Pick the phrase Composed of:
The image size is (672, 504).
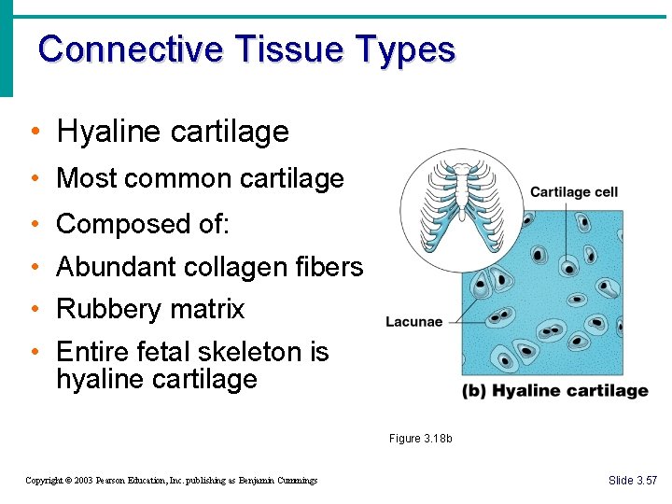143,225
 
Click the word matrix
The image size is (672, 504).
208,309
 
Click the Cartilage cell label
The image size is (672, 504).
573,192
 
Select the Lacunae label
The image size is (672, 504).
413,322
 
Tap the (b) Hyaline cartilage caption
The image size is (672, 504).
554,391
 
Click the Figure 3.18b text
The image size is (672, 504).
420,439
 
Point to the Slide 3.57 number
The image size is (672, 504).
632,481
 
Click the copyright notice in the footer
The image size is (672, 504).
171,481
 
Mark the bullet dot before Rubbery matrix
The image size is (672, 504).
34,310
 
